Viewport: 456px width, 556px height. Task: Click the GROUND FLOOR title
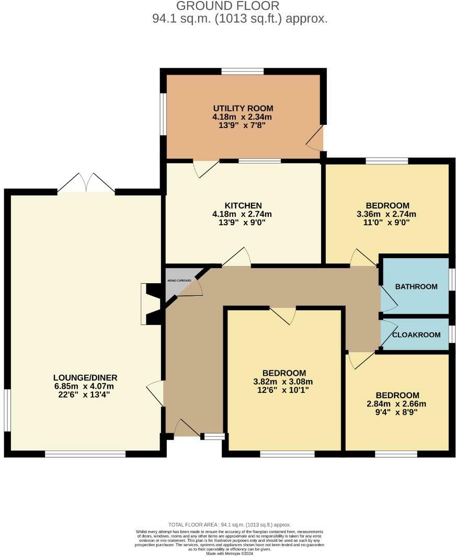pos(227,6)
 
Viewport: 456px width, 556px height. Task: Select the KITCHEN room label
pos(243,205)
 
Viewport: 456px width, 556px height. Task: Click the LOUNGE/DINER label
pos(85,378)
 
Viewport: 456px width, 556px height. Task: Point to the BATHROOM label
pos(416,287)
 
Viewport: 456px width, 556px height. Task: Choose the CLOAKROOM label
pos(416,335)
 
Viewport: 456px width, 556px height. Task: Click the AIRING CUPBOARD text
pos(179,281)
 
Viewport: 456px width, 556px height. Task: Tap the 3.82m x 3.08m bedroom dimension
pos(284,381)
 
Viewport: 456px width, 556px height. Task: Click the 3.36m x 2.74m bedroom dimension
pos(387,214)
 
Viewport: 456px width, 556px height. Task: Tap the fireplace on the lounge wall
pos(149,304)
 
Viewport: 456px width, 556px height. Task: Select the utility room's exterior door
pos(316,140)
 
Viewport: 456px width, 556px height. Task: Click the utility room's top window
pos(242,72)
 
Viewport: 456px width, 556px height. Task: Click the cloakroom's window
pos(452,333)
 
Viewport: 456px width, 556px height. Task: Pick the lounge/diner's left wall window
pos(7,410)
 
